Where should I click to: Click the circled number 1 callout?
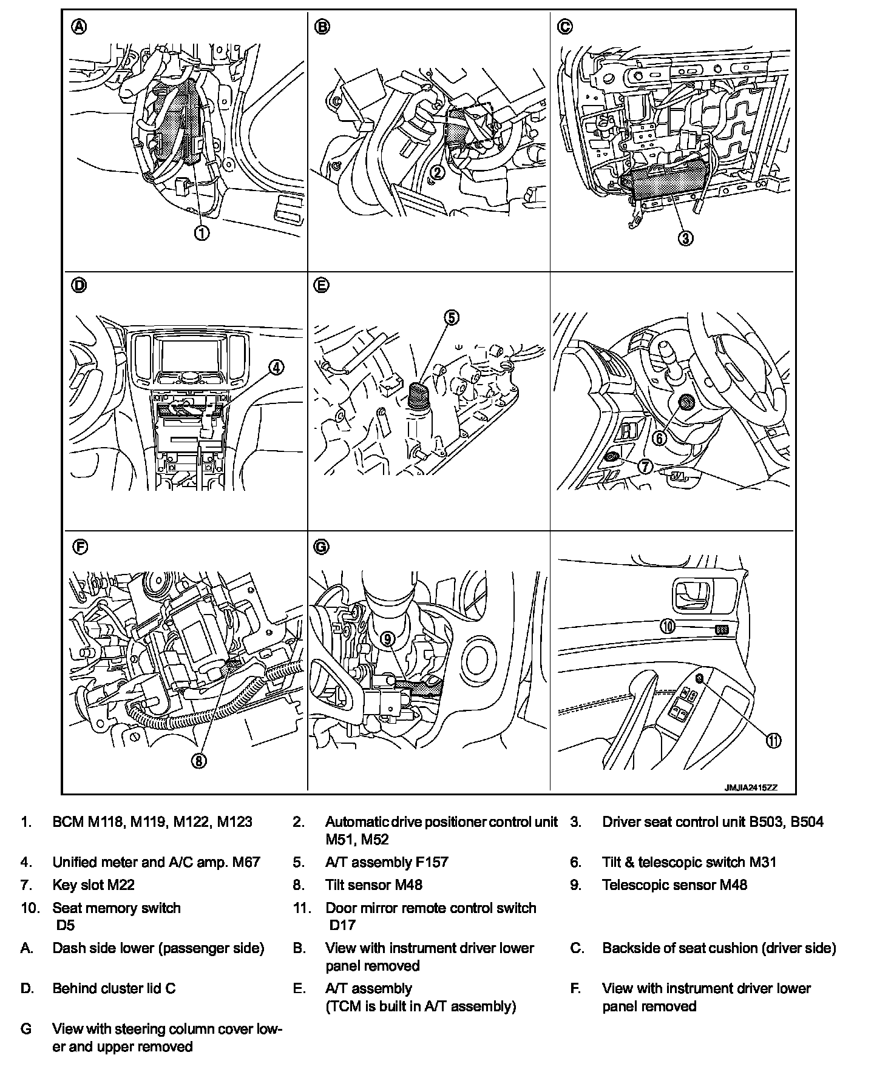point(202,232)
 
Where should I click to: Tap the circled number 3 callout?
point(685,238)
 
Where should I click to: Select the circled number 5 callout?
point(452,317)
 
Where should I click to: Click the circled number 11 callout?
point(773,741)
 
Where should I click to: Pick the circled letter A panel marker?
point(79,27)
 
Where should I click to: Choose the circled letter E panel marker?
point(322,285)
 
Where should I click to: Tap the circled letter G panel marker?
point(322,547)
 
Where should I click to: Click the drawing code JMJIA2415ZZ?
point(750,787)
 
